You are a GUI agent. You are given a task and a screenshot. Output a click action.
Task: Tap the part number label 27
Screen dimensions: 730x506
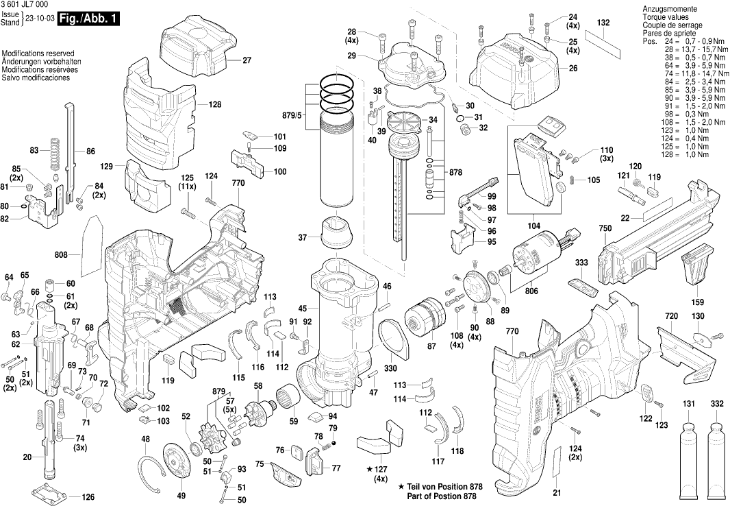pos(247,60)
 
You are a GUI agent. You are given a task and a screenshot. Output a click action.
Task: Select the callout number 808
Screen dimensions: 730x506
pos(61,255)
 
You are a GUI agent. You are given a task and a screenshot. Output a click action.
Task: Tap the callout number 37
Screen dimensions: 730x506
pos(303,238)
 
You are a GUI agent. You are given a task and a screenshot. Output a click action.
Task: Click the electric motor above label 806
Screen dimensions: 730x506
pos(533,255)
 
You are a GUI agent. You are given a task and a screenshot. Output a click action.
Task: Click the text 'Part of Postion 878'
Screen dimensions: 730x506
pos(441,496)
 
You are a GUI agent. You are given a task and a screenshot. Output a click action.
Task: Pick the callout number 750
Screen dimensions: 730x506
pos(605,228)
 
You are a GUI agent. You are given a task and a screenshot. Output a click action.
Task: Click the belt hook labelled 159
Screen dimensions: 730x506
pos(697,269)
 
